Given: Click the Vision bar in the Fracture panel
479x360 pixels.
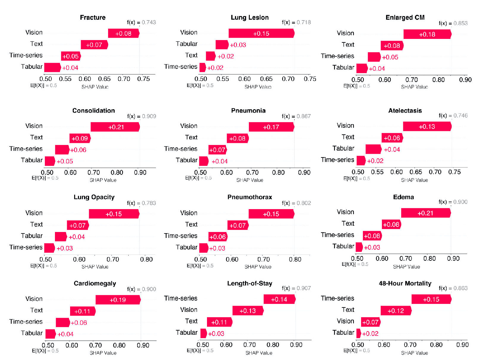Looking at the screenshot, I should pyautogui.click(x=124, y=33).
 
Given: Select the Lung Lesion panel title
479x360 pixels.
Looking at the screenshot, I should pyautogui.click(x=249, y=18).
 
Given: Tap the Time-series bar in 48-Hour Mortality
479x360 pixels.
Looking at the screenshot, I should pyautogui.click(x=431, y=299).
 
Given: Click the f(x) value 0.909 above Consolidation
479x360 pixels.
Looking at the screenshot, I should pyautogui.click(x=149, y=116).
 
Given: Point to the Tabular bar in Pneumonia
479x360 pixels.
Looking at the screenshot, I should pyautogui.click(x=204, y=161).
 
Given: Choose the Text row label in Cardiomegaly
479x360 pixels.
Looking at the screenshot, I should pyautogui.click(x=37, y=310).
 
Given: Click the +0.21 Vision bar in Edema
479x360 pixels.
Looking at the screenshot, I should pyautogui.click(x=426, y=213).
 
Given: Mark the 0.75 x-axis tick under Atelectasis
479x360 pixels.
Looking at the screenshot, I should pyautogui.click(x=454, y=172).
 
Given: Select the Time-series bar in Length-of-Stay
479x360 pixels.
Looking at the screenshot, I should pyautogui.click(x=279, y=299).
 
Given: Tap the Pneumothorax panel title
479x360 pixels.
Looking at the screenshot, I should pyautogui.click(x=249, y=197).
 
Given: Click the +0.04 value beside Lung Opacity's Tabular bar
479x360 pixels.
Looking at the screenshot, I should pyautogui.click(x=77, y=237).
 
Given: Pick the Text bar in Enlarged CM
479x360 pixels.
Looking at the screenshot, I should pyautogui.click(x=392, y=46).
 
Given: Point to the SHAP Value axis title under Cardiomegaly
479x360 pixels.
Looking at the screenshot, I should pyautogui.click(x=103, y=353).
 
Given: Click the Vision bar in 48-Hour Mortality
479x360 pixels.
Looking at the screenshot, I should pyautogui.click(x=371, y=322).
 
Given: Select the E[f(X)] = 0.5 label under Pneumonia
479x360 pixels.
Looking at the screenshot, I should pyautogui.click(x=198, y=178).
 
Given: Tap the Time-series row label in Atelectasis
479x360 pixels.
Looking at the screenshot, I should pyautogui.click(x=337, y=160).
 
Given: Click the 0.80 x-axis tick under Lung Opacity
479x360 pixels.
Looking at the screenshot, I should pyautogui.click(x=146, y=259).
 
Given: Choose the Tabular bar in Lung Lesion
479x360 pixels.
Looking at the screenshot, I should pyautogui.click(x=222, y=45).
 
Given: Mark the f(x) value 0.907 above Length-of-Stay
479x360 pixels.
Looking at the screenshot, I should pyautogui.click(x=303, y=288).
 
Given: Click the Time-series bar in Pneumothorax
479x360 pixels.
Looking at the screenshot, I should pyautogui.click(x=218, y=237).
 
